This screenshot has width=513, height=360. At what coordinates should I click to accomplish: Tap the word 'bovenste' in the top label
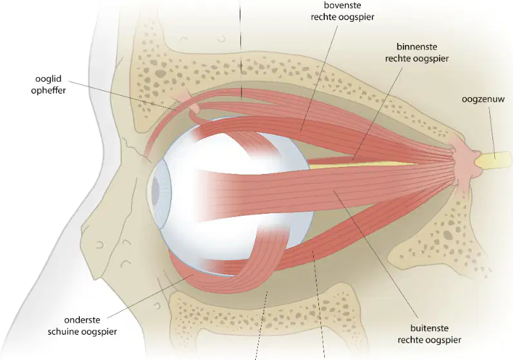click(342, 5)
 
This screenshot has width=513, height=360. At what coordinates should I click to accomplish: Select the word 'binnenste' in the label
click(417, 47)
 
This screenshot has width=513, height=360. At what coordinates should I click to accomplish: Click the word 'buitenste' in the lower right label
click(429, 328)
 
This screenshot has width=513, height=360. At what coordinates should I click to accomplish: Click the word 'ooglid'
click(48, 79)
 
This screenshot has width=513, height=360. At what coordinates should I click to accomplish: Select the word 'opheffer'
click(48, 90)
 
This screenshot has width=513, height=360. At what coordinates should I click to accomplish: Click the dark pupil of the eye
click(155, 189)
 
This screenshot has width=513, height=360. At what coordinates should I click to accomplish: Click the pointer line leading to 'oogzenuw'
click(492, 133)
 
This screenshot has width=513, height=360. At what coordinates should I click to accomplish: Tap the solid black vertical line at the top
click(240, 49)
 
